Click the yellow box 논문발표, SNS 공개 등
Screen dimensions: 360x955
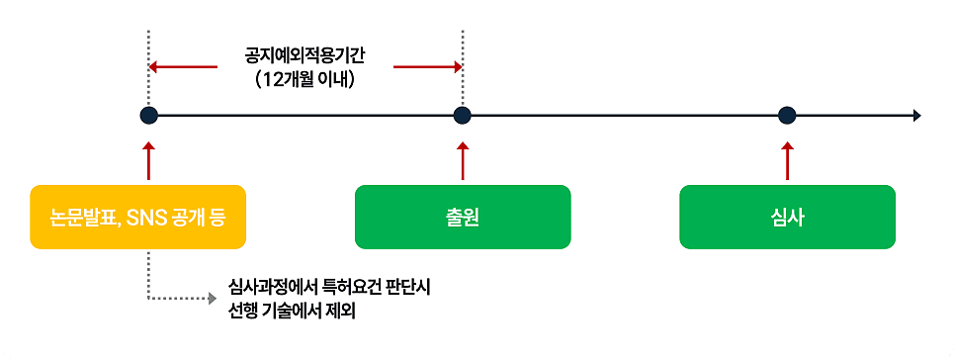point(137,217)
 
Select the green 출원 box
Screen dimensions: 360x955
point(463,217)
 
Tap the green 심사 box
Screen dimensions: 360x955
point(787,217)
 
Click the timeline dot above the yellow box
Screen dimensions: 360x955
point(148,116)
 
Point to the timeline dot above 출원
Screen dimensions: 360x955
point(462,116)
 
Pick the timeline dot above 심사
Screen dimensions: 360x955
point(787,116)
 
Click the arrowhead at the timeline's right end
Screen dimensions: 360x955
point(917,116)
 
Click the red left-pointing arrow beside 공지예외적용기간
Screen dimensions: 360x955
point(183,67)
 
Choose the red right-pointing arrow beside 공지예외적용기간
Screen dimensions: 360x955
point(428,67)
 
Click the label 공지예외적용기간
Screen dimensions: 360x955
point(304,55)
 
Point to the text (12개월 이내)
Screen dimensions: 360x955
point(304,80)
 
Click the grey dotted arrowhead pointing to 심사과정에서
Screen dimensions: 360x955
point(212,297)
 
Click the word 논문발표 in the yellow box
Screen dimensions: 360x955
point(85,217)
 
